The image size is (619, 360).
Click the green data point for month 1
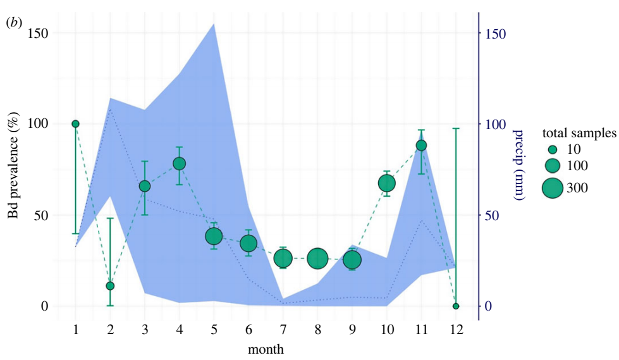[x=75, y=124]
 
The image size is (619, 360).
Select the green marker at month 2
[x=110, y=286]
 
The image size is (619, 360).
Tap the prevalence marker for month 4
[x=179, y=164]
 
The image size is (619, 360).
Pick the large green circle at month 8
[x=317, y=259]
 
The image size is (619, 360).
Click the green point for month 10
[x=387, y=183]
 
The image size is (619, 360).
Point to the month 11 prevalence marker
[x=421, y=146]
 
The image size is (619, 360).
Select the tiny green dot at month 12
[x=456, y=306]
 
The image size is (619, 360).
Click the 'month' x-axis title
[x=266, y=349]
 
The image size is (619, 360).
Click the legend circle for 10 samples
[x=553, y=150]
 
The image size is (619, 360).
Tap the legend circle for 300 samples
[x=552, y=188]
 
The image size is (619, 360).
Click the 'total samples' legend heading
[x=579, y=133]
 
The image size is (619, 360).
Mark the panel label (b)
[x=13, y=23]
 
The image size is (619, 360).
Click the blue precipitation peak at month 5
[x=214, y=25]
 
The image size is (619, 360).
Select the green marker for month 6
[x=248, y=244]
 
